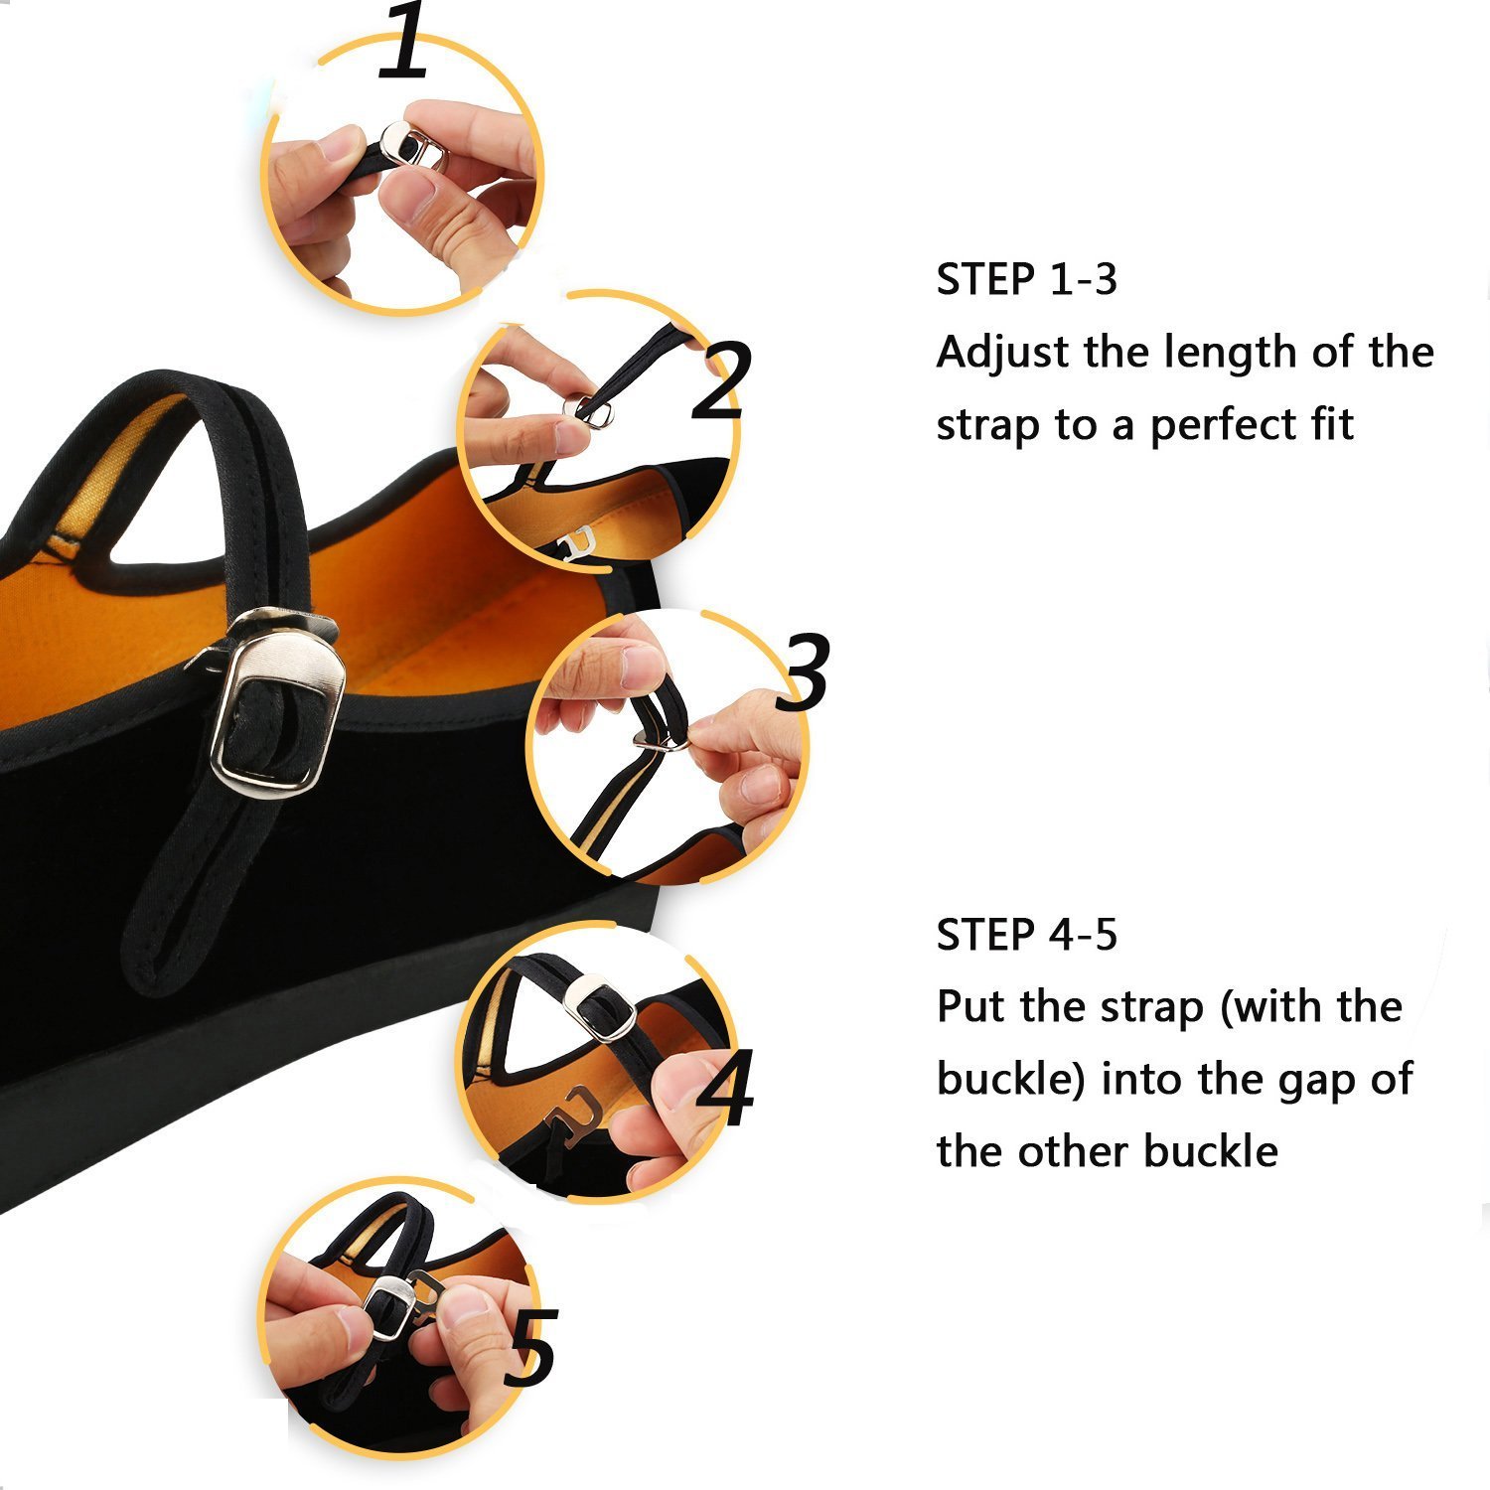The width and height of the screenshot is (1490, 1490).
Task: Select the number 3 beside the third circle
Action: (x=804, y=671)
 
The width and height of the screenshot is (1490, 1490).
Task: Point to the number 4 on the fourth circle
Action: (x=724, y=1089)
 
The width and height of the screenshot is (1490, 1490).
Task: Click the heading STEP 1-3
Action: (x=1027, y=280)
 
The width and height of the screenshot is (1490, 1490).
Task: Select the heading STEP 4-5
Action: (x=1027, y=935)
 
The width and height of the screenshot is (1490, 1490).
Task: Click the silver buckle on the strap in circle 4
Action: (x=599, y=1006)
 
